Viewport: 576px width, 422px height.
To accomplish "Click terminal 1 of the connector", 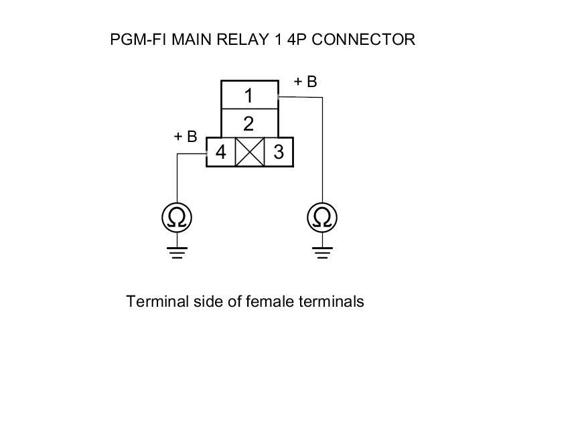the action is (x=249, y=94).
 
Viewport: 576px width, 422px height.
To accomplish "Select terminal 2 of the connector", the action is (x=249, y=123).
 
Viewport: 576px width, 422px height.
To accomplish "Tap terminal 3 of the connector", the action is (x=279, y=152).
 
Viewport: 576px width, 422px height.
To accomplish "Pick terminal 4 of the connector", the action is (x=220, y=152).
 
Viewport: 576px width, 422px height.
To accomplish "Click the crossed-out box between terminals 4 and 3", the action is (x=250, y=152).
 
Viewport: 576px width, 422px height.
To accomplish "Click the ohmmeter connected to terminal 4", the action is (x=177, y=218).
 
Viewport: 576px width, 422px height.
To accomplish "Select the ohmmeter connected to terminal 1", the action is (x=322, y=218).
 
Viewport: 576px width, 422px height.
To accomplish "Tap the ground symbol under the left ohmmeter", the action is (x=177, y=253).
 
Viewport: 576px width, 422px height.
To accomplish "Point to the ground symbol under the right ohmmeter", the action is (x=323, y=253).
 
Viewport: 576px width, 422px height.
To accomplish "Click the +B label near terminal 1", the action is (x=305, y=82).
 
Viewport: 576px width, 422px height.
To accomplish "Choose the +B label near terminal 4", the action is (x=186, y=136).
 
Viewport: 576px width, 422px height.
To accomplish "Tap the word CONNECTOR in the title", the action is (x=363, y=40).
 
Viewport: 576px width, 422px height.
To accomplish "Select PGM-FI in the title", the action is (x=139, y=40).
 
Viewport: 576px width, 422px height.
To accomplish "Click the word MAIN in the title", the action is (x=192, y=40).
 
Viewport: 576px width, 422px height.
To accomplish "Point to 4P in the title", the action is (x=297, y=40).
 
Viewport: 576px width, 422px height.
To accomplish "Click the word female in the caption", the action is (x=270, y=301).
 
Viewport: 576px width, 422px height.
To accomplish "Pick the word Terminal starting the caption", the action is (x=157, y=301).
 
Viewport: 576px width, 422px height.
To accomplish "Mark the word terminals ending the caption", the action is (x=332, y=301).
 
